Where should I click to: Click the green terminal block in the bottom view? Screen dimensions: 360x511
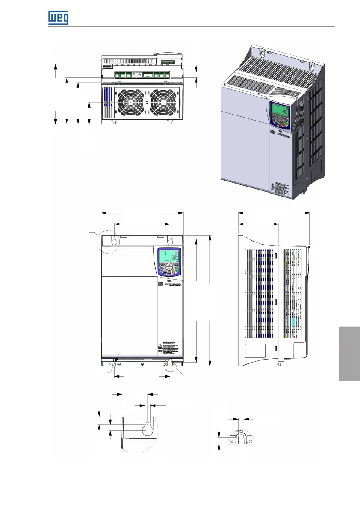pyautogui.click(x=142, y=76)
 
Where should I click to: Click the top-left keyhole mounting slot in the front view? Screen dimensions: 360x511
pyautogui.click(x=114, y=241)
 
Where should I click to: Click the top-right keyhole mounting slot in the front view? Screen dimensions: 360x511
pyautogui.click(x=170, y=241)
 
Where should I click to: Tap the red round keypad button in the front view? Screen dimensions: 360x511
pyautogui.click(x=174, y=273)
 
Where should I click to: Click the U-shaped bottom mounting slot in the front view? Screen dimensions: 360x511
pyautogui.click(x=170, y=363)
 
